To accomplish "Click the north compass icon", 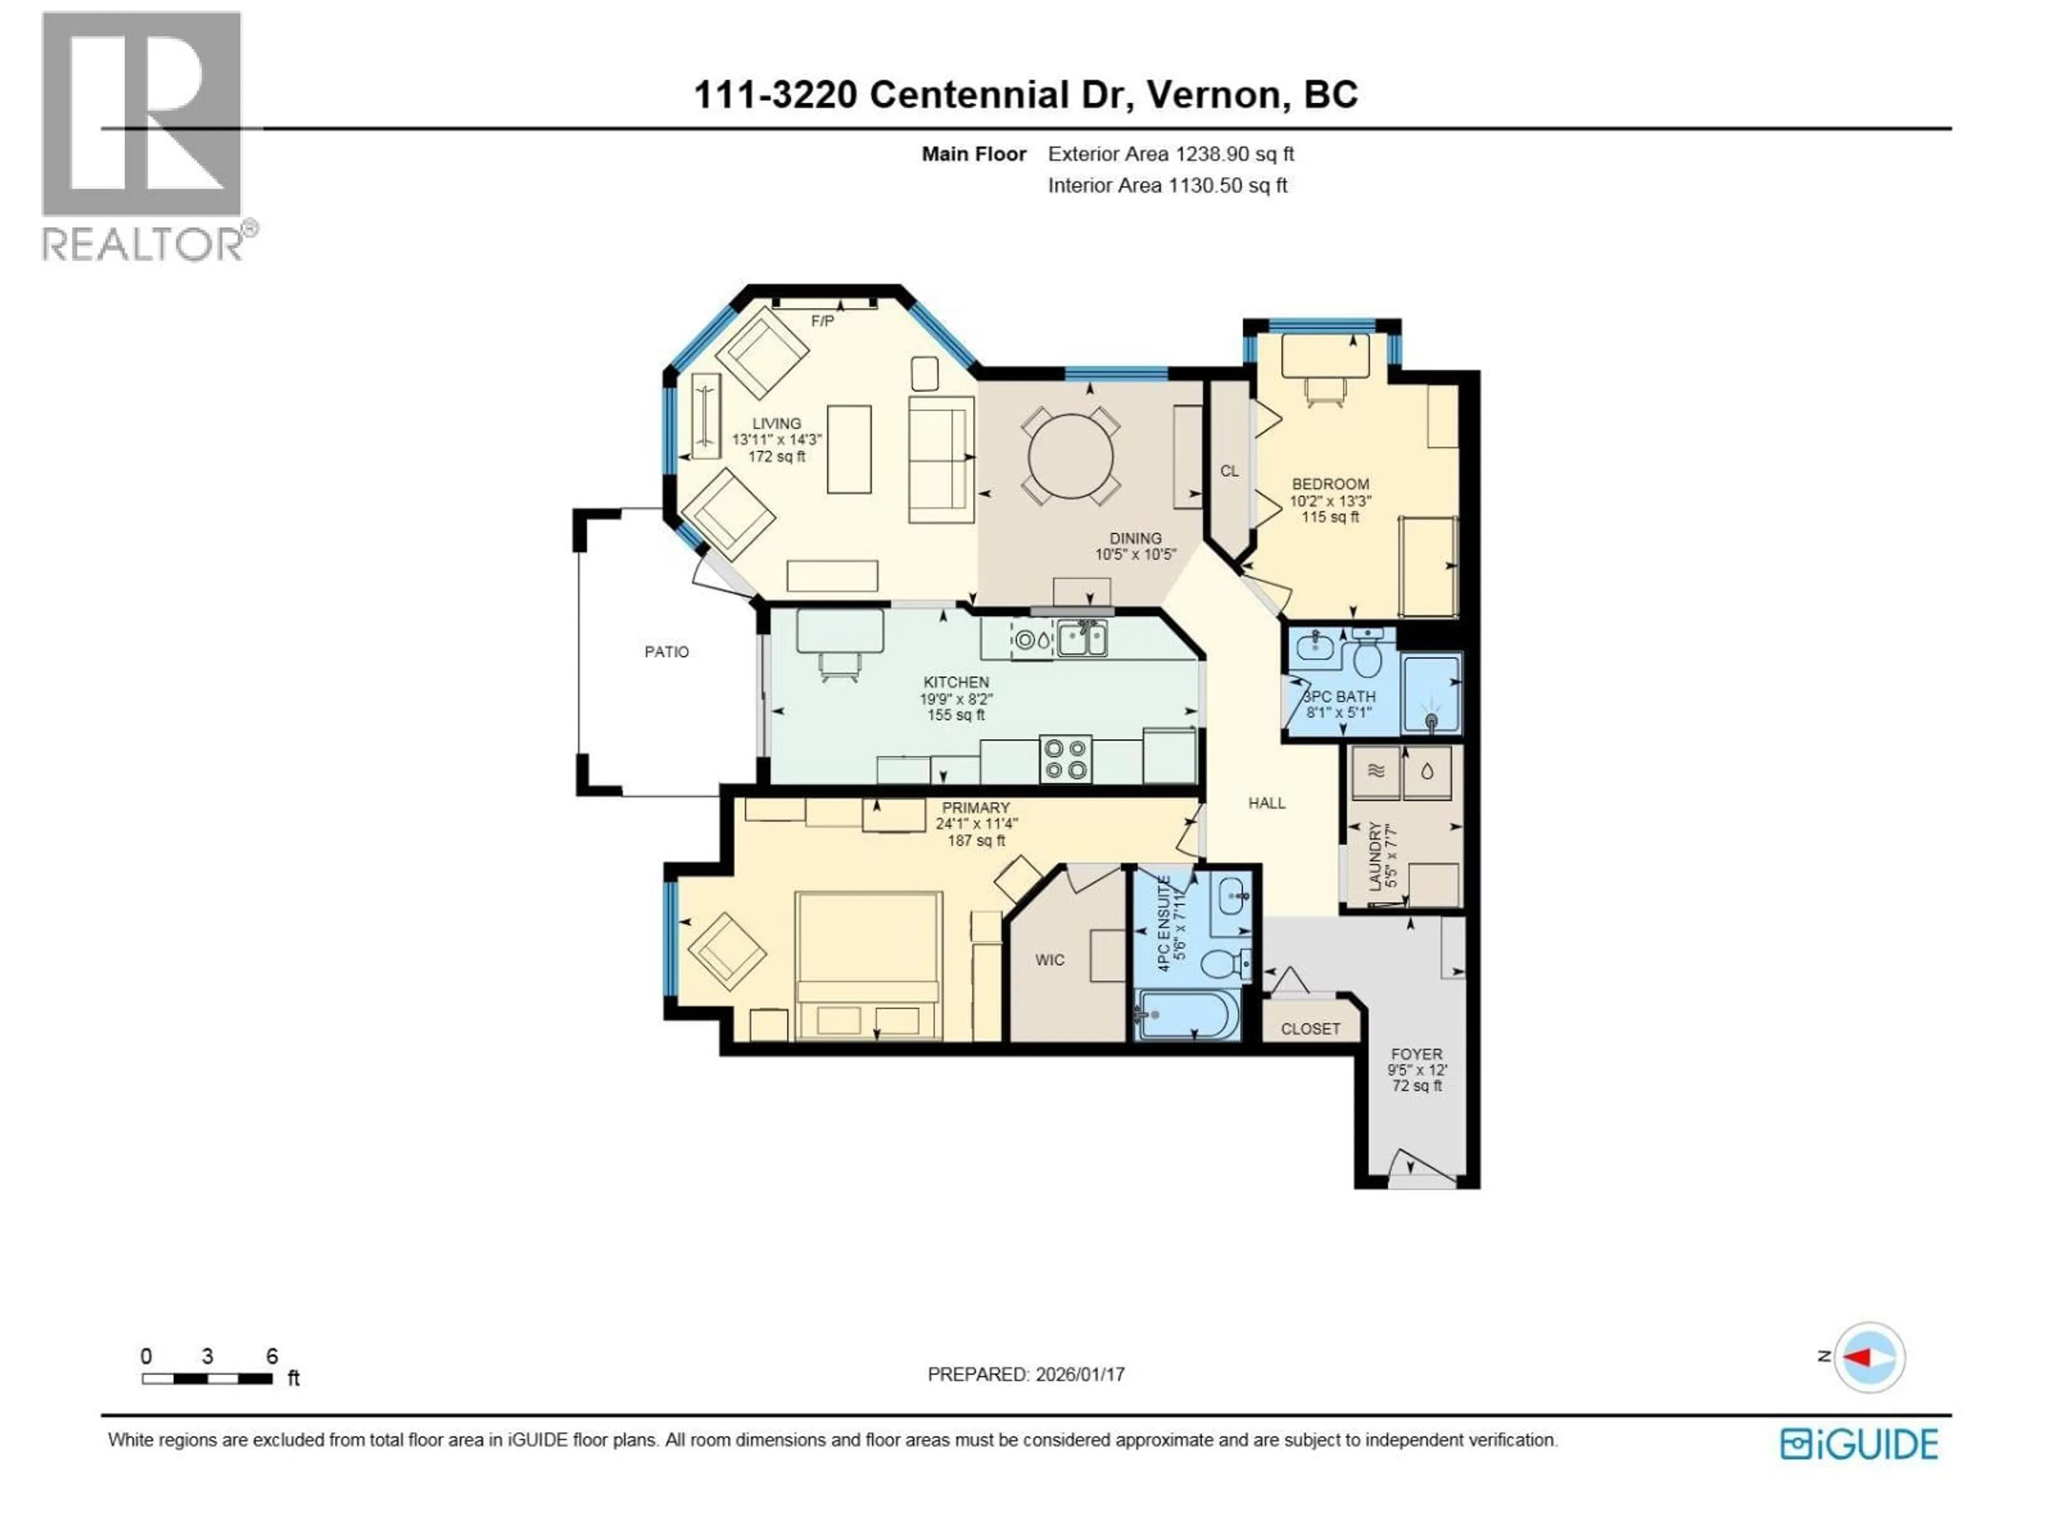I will coord(1870,1357).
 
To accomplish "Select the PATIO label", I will coord(666,652).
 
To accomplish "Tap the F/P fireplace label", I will coord(822,321).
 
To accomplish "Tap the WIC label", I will coord(1049,960).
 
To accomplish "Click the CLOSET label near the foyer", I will coord(1309,1028).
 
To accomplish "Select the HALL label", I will coord(1267,803).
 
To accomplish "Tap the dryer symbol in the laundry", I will coord(1375,772).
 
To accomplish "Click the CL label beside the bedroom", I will coord(1229,472).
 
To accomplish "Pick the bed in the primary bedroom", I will coord(868,965).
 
